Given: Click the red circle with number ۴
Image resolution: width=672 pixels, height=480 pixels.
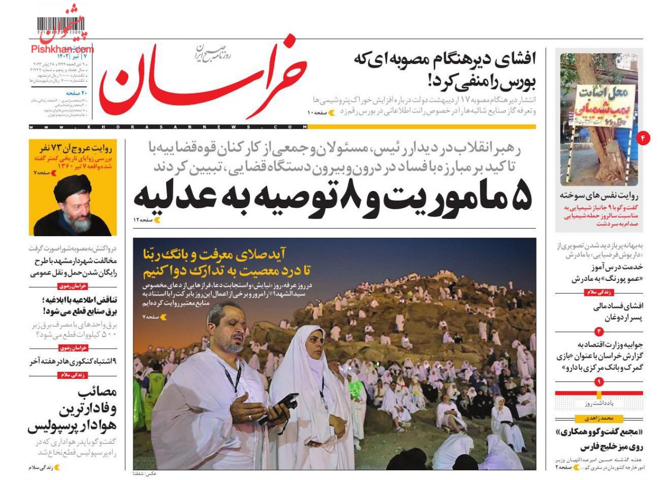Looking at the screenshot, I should pos(642,138).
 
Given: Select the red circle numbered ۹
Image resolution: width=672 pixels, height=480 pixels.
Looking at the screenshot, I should pos(599,382).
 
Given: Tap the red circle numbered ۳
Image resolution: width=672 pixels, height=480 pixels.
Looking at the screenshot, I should pos(599,330).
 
